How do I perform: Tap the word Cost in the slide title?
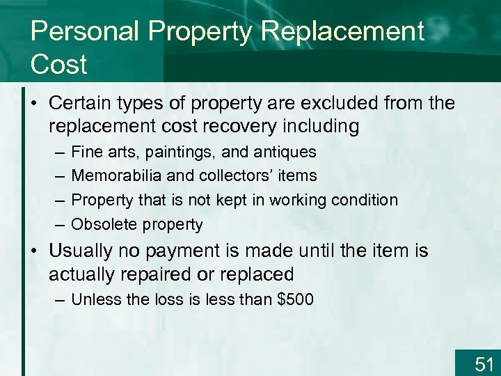point(59,64)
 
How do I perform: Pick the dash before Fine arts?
point(56,152)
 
